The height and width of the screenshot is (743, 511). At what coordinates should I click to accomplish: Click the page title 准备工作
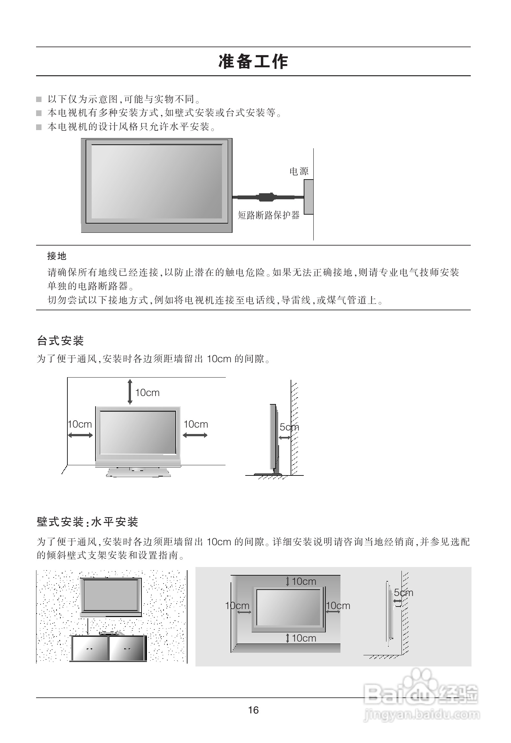pyautogui.click(x=253, y=61)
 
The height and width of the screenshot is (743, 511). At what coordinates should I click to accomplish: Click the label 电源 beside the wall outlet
pyautogui.click(x=299, y=171)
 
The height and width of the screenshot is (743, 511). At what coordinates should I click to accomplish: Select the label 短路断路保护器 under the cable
pyautogui.click(x=268, y=215)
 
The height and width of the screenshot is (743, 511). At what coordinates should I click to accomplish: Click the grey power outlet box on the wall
pyautogui.click(x=308, y=197)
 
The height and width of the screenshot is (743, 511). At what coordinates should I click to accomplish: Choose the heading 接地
pyautogui.click(x=57, y=256)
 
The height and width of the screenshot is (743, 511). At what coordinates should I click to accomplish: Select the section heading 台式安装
pyautogui.click(x=60, y=341)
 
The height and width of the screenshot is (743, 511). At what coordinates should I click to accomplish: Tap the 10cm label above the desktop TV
pyautogui.click(x=147, y=393)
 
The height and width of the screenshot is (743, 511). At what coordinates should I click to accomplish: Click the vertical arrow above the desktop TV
pyautogui.click(x=130, y=392)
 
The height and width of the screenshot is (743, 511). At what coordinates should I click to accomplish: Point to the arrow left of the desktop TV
pyautogui.click(x=80, y=435)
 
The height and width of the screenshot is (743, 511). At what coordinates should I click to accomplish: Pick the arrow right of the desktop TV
pyautogui.click(x=195, y=435)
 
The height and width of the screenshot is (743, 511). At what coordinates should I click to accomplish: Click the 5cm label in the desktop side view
pyautogui.click(x=289, y=427)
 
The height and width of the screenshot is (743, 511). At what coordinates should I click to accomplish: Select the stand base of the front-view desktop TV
pyautogui.click(x=138, y=472)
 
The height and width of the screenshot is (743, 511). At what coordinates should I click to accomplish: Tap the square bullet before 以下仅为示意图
pyautogui.click(x=39, y=99)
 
